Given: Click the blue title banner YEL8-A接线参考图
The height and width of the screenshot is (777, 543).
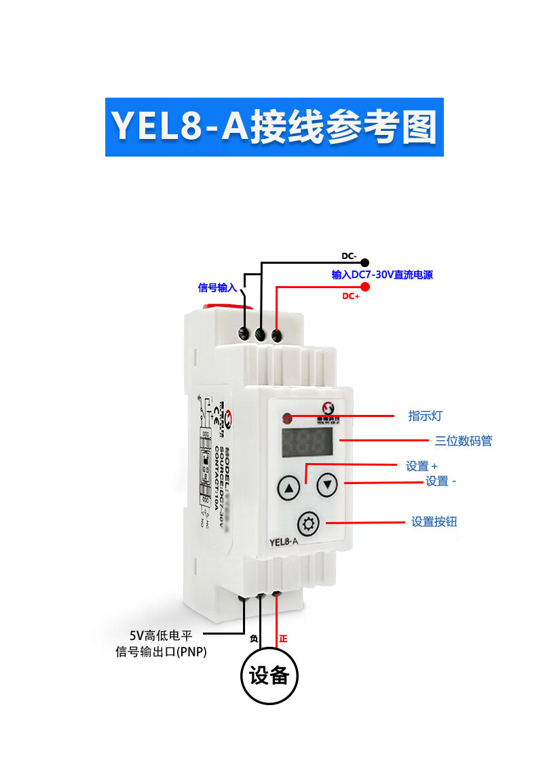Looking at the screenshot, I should click(x=274, y=127).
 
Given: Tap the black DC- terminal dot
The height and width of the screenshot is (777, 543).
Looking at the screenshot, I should click(x=364, y=262).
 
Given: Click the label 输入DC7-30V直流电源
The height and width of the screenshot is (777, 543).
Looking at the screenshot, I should click(x=381, y=275).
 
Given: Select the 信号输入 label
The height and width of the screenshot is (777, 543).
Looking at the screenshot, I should click(x=217, y=287).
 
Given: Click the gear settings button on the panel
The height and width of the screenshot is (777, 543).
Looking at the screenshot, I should click(x=309, y=523).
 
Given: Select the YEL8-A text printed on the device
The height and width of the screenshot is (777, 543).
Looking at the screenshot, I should click(x=284, y=542).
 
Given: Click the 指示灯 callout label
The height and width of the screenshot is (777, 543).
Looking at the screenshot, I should click(x=426, y=416).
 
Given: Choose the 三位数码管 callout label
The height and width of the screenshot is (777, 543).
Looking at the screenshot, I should click(x=464, y=441).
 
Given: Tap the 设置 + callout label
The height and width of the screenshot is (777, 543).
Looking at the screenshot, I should click(x=422, y=466).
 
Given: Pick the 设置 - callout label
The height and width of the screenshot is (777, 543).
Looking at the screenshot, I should click(x=441, y=481).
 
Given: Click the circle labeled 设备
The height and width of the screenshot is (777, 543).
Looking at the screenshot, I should click(x=269, y=675).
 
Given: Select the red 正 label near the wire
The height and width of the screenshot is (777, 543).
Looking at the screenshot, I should click(x=283, y=639).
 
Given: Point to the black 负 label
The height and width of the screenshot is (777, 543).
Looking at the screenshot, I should click(x=254, y=639).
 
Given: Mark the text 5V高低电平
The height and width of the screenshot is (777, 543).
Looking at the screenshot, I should click(x=162, y=636).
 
